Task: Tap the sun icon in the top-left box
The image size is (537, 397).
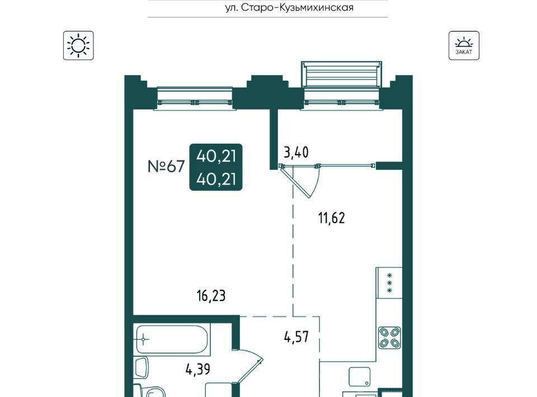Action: (78, 45)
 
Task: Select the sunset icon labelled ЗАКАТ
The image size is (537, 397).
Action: (464, 45)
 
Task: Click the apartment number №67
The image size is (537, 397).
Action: (166, 167)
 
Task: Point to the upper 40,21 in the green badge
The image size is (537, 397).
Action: (216, 156)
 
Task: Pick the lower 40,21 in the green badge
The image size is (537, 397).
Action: (216, 179)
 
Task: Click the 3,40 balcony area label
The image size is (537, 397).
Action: (296, 152)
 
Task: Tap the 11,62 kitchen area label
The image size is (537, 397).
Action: (332, 218)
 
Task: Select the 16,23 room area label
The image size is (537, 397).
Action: (211, 296)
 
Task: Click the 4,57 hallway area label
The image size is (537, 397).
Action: (296, 337)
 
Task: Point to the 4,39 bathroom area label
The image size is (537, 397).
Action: (198, 370)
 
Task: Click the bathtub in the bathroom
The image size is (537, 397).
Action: (172, 339)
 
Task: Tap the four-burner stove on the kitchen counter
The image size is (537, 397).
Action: (389, 338)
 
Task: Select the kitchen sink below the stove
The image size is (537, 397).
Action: (360, 377)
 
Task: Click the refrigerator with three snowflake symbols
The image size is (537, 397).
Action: (389, 283)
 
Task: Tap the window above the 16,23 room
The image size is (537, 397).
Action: (195, 98)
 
